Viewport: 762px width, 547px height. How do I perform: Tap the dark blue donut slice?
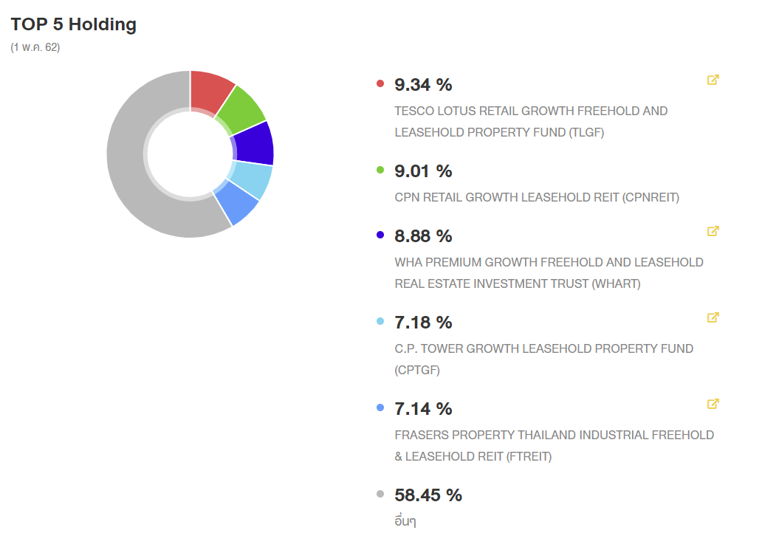point(255,143)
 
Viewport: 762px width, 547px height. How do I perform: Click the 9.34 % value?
point(423,85)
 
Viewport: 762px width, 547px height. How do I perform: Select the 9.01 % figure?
point(423,171)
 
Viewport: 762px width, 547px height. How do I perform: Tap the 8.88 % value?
point(423,236)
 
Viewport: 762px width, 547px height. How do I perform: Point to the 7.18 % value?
point(423,323)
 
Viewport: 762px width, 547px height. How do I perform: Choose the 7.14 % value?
point(423,409)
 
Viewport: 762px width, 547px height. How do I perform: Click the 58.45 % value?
point(428,495)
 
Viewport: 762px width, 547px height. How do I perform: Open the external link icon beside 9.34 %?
point(713,80)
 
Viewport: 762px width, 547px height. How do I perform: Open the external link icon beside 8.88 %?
point(713,231)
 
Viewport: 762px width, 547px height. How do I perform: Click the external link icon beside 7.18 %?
point(713,317)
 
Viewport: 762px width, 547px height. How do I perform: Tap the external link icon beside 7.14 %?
point(713,404)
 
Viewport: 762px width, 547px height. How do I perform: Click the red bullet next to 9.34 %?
point(380,83)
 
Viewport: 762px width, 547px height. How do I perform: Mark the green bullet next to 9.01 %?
point(380,170)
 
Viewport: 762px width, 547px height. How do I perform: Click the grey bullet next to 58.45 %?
point(380,494)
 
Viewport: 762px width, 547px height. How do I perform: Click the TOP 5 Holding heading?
point(74,24)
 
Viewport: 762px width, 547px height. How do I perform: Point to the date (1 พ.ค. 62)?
point(35,47)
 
